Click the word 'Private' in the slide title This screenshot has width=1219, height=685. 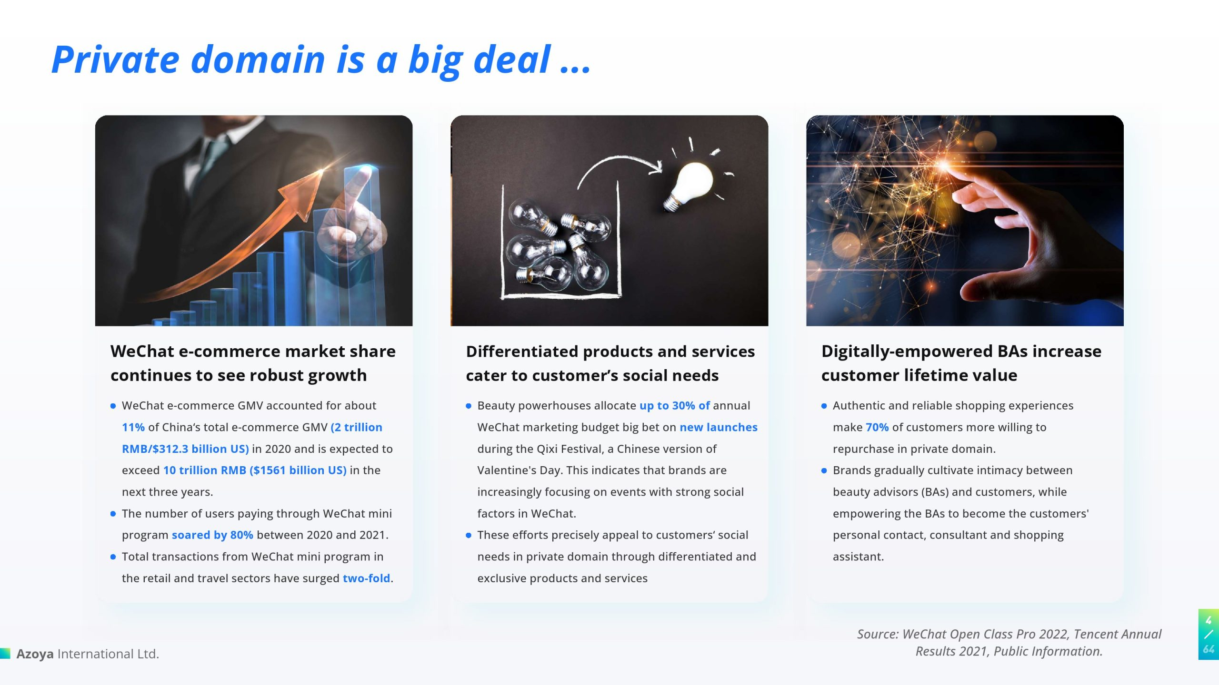point(115,59)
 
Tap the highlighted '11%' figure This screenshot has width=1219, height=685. point(133,427)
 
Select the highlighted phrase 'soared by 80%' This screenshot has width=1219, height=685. point(212,535)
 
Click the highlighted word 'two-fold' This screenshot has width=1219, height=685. point(366,578)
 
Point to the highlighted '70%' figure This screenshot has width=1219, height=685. point(877,427)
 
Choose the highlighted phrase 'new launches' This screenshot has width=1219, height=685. point(719,427)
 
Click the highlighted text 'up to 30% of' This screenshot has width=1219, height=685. point(674,406)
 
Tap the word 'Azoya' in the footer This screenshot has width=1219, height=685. point(35,654)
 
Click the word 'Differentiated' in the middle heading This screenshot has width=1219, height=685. point(522,352)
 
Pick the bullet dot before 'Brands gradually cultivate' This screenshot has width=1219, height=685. point(824,470)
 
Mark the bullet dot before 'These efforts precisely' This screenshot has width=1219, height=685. point(469,535)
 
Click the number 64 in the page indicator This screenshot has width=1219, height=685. point(1209,649)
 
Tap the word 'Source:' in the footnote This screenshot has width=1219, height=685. point(878,634)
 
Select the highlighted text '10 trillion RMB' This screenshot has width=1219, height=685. point(205,470)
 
